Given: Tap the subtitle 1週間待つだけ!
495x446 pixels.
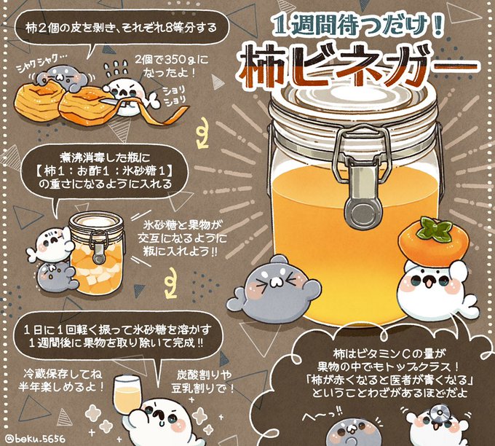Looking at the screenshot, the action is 357,25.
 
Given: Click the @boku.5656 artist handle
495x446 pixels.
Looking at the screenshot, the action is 36,439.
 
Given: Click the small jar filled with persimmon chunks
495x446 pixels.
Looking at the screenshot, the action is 96,253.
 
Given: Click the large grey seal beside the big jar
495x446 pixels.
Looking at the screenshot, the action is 274,290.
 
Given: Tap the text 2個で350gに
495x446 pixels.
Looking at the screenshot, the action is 171,60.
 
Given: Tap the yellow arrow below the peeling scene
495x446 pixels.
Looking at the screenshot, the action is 202,133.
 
